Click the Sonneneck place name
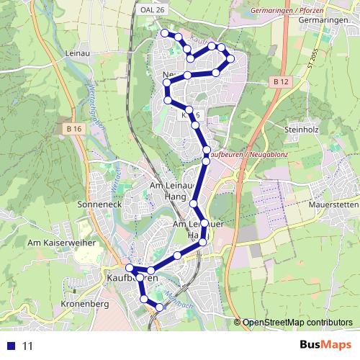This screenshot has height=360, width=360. tap(97, 204)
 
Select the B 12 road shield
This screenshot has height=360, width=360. tap(281, 83)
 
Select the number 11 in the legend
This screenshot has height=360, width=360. tap(28, 346)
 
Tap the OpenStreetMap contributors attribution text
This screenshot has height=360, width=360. tap(297, 323)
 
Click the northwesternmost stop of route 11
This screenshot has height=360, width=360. tap(165, 33)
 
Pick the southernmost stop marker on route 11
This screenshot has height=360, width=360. tap(159, 308)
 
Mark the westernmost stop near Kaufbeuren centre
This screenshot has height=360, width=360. tap(129, 269)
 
